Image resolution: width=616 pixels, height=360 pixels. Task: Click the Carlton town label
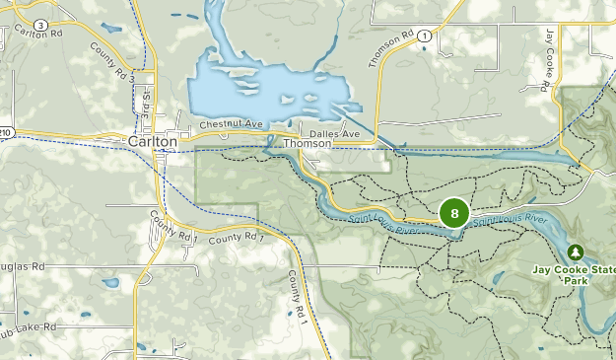[x=153, y=142]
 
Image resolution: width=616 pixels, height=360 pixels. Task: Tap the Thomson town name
[x=306, y=143]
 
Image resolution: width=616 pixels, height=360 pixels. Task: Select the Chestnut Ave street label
[x=233, y=125]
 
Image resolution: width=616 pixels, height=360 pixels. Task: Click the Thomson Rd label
[x=391, y=48]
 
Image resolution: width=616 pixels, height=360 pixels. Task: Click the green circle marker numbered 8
[x=454, y=213]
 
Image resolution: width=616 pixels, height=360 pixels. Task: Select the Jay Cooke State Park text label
[x=578, y=273]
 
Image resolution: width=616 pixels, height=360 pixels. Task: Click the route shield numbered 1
[x=423, y=36]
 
